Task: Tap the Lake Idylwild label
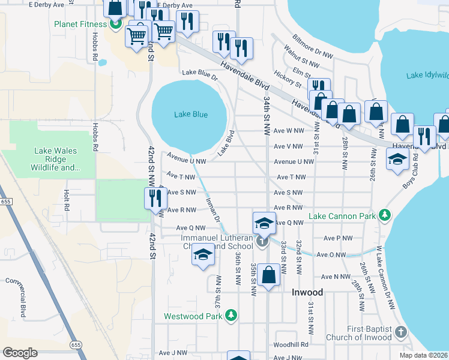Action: click(x=427, y=75)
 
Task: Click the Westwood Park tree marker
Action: click(x=232, y=316)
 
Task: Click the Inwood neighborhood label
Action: click(x=307, y=292)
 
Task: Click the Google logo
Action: click(x=20, y=352)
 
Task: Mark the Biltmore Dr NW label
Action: click(x=311, y=46)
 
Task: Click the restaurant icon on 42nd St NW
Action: click(x=154, y=197)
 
